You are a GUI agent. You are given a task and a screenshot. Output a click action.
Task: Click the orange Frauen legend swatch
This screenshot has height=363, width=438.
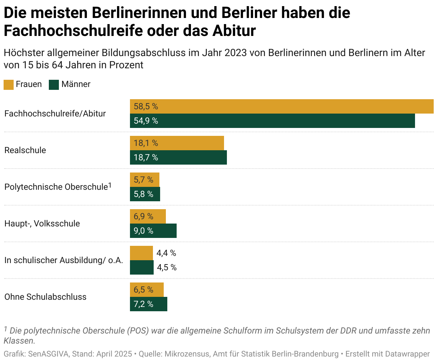tap(9, 85)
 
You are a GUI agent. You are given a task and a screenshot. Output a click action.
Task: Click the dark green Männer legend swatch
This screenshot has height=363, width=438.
tap(54, 85)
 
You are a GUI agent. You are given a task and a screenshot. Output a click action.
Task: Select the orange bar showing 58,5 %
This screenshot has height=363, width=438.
tap(281, 106)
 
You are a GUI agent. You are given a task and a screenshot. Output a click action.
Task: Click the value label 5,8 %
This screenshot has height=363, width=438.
tap(144, 194)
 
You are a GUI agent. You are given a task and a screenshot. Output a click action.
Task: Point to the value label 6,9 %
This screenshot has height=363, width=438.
tap(144, 216)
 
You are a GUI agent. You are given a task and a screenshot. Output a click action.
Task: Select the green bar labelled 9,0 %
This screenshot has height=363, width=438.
tap(153, 231)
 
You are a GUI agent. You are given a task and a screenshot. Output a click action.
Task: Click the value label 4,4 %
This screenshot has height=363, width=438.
tap(166, 253)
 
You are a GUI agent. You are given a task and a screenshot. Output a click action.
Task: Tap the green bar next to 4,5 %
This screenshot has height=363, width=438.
tap(142, 267)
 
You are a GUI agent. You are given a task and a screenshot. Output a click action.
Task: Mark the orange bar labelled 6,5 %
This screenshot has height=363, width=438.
tap(147, 290)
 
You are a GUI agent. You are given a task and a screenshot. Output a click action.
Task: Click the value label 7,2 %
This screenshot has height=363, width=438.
tap(144, 304)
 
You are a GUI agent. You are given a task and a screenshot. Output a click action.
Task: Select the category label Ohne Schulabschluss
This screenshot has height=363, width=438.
tap(46, 297)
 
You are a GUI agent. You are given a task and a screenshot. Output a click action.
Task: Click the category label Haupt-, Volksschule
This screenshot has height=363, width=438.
tap(42, 224)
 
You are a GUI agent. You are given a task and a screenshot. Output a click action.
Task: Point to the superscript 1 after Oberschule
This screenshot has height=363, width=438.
tap(110, 185)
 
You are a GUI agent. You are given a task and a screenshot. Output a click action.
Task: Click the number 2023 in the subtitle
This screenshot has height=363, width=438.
tap(236, 53)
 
